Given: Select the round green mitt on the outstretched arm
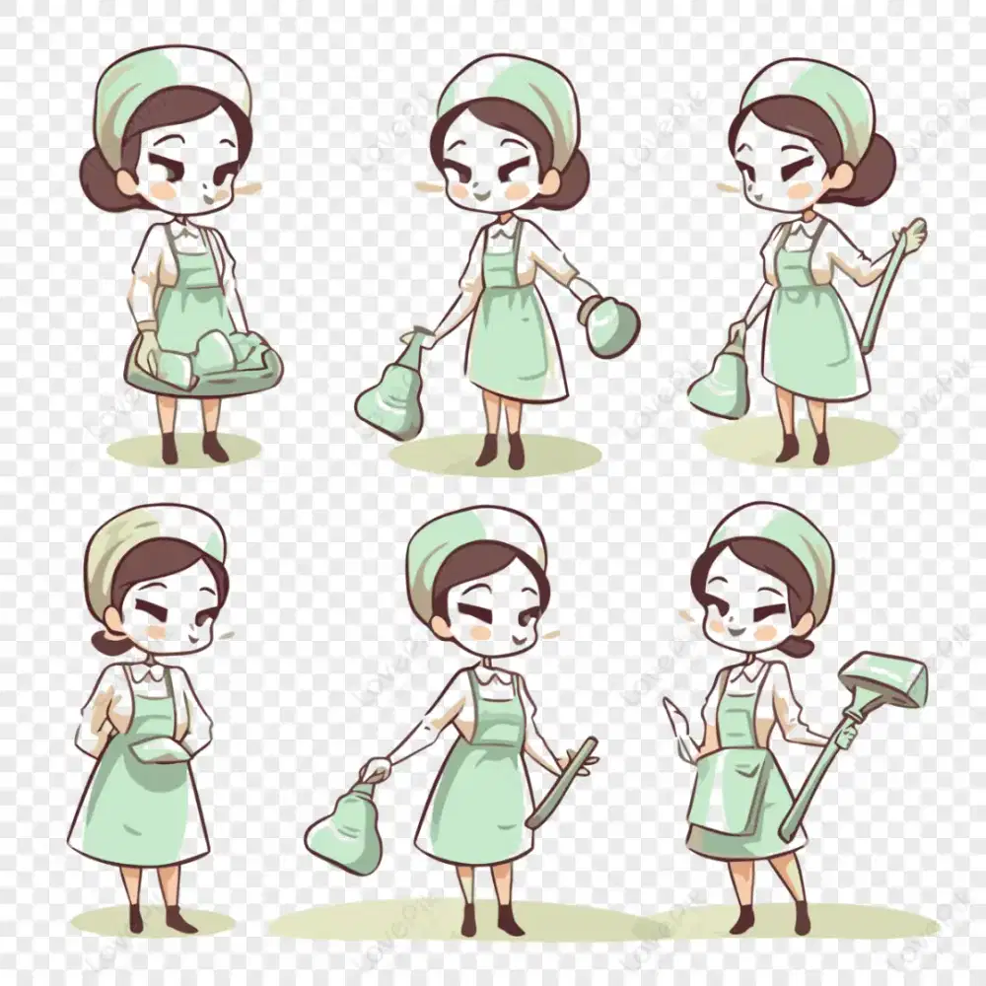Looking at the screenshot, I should click(610, 324).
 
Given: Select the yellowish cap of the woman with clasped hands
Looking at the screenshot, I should click(148, 543).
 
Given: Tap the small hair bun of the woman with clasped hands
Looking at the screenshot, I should click(106, 641).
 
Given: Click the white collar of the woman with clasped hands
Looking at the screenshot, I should click(148, 674).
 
